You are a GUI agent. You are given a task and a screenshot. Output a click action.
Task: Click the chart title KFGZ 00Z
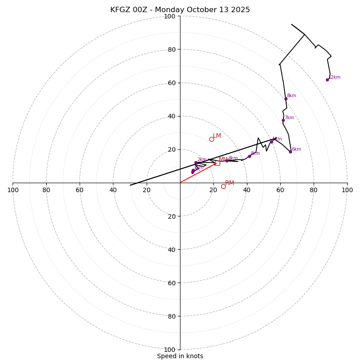(180, 10)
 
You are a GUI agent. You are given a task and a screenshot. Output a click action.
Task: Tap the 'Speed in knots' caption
(180, 356)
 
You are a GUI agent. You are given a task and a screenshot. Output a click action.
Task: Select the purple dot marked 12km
(327, 80)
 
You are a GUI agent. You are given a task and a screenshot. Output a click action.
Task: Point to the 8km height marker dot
(286, 99)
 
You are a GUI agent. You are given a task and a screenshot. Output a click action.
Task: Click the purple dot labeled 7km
(283, 120)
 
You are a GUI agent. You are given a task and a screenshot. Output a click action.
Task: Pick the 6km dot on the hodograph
(290, 152)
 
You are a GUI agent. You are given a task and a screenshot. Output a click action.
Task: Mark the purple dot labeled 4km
(249, 156)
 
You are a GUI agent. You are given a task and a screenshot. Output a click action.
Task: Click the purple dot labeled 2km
(196, 162)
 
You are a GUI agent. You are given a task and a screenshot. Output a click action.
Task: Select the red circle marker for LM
(211, 139)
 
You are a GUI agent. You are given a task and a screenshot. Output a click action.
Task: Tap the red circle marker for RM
(223, 186)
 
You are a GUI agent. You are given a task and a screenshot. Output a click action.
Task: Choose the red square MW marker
(217, 162)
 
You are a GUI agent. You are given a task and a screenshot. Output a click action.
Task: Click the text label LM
(217, 135)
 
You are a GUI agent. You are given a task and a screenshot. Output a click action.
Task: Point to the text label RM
(229, 183)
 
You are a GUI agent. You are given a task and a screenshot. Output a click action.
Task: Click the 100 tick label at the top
(170, 16)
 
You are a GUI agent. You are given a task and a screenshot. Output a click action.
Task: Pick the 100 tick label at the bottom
(170, 349)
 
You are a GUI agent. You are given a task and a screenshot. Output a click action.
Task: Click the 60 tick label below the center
(171, 283)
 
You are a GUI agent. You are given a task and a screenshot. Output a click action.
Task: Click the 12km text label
(334, 77)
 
